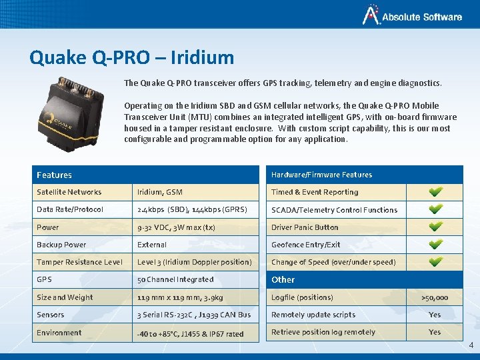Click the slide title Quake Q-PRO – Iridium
coord(131,57)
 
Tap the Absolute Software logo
coord(412,17)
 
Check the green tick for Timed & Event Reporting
coord(435,192)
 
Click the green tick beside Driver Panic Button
coord(435,227)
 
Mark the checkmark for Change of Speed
coord(435,262)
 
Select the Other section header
coord(283,279)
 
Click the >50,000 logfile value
coord(435,297)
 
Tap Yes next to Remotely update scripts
coord(435,315)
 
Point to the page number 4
coord(471,345)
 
